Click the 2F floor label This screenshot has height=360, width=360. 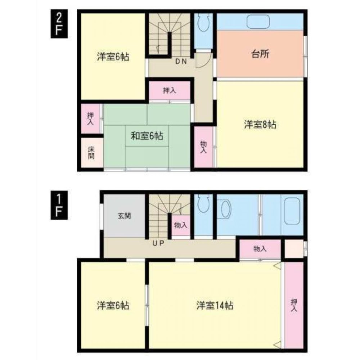pyautogui.click(x=59, y=24)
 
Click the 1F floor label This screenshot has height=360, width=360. pyautogui.click(x=59, y=205)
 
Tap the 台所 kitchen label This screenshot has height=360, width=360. pyautogui.click(x=260, y=54)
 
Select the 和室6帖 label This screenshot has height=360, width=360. pyautogui.click(x=147, y=136)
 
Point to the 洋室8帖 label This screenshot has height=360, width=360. pyautogui.click(x=260, y=125)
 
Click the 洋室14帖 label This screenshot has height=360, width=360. pyautogui.click(x=215, y=306)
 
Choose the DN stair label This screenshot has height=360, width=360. pyautogui.click(x=181, y=61)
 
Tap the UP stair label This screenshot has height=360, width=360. pyautogui.click(x=158, y=243)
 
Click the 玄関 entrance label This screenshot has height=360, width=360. pyautogui.click(x=125, y=216)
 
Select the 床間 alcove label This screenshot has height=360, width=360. pyautogui.click(x=91, y=153)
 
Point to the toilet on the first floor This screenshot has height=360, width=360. pyautogui.click(x=203, y=203)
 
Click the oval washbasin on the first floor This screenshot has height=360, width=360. pyautogui.click(x=225, y=209)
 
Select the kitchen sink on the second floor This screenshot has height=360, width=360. pyautogui.click(x=258, y=22)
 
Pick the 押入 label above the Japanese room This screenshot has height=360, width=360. pyautogui.click(x=170, y=91)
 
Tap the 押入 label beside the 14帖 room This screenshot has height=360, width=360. pyautogui.click(x=294, y=305)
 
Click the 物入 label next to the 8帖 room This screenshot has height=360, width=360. pyautogui.click(x=203, y=147)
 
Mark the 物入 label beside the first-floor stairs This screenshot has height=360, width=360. pyautogui.click(x=181, y=225)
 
